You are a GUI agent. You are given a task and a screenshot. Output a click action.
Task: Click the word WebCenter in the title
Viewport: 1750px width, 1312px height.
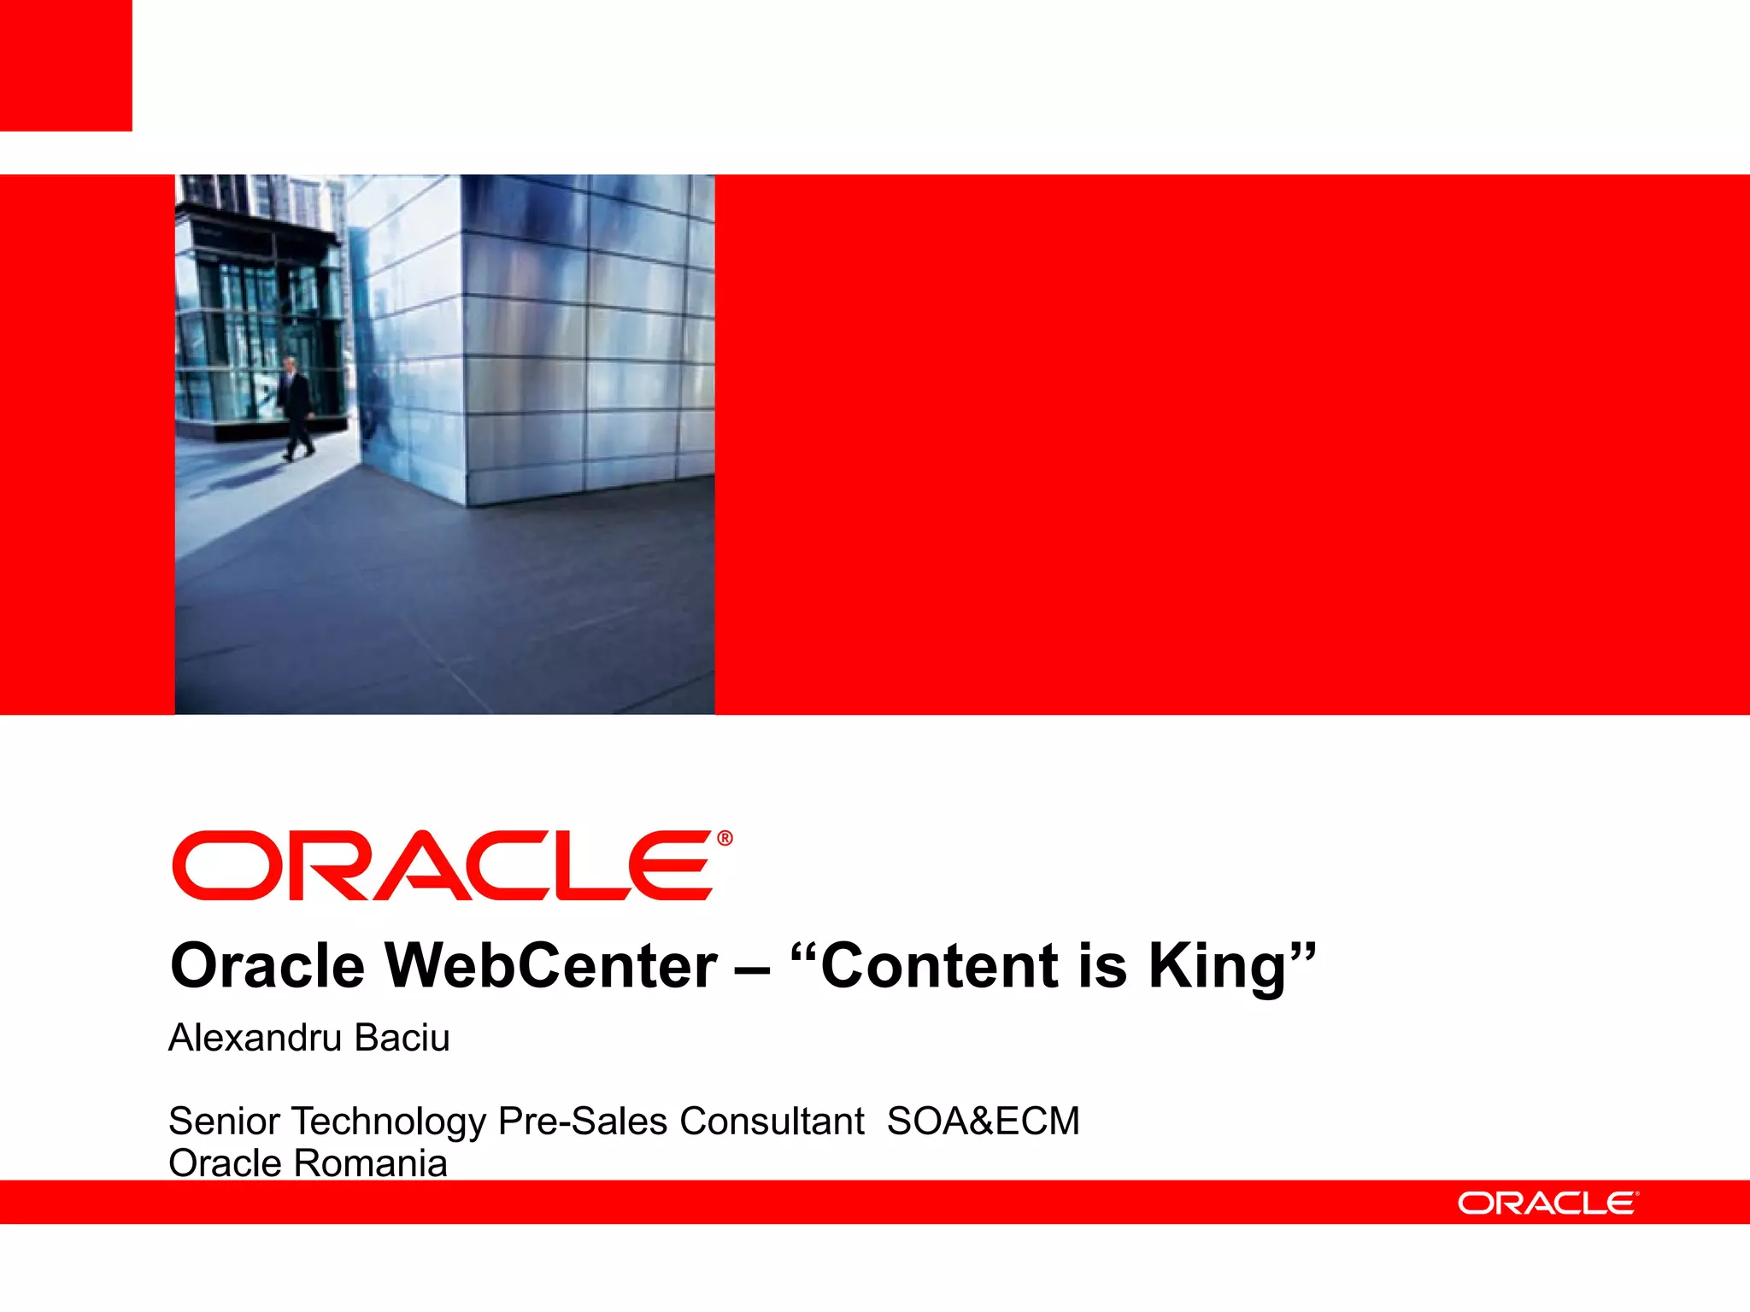coord(551,966)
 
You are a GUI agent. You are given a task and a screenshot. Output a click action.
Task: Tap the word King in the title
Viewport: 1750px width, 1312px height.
coord(1218,966)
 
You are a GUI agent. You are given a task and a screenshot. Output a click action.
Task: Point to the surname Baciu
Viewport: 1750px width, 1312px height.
coord(402,1038)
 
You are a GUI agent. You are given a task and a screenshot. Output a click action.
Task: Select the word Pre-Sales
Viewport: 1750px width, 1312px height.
coord(582,1121)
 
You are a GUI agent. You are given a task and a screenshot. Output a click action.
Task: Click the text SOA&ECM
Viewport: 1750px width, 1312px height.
coord(983,1121)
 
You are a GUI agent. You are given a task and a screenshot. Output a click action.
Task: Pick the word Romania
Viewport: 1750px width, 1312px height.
coord(371,1163)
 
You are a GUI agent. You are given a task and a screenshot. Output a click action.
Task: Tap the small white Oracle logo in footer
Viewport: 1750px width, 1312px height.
coord(1547,1203)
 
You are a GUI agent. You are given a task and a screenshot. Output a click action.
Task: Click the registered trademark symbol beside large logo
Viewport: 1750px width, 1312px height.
coord(725,839)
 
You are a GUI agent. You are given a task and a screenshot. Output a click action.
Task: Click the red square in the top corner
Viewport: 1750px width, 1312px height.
coord(66,66)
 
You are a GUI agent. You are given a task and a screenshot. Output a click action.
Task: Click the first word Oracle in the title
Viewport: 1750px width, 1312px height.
coord(267,966)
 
